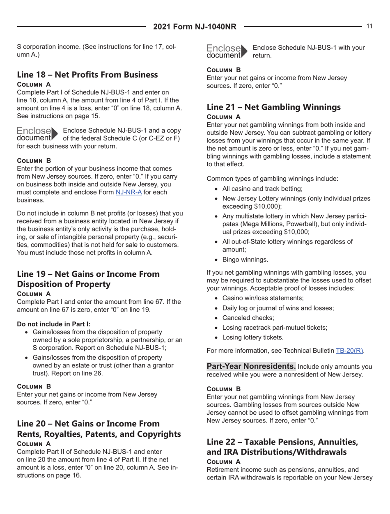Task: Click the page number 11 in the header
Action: (x=369, y=27)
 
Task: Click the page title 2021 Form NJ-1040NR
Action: (x=195, y=27)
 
